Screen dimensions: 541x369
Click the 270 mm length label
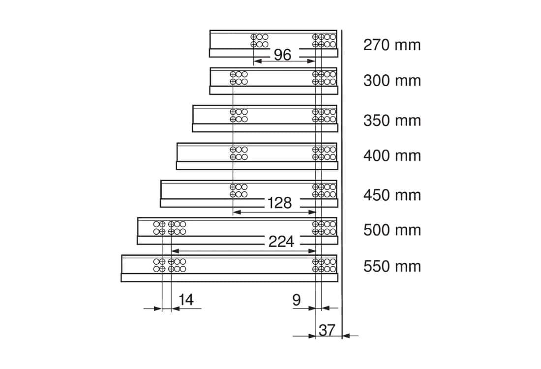392,45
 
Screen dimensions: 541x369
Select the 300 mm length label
392,81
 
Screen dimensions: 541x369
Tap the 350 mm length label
392,121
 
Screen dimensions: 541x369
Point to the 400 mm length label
392,156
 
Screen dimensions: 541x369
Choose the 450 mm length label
392,195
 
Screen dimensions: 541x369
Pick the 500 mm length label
392,230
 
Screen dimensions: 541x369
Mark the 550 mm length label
392,267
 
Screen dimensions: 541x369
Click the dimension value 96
283,55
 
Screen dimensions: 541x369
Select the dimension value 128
280,203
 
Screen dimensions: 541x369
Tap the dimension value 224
281,242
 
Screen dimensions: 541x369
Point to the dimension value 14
186,300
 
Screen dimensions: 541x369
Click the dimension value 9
297,300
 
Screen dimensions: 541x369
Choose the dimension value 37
327,330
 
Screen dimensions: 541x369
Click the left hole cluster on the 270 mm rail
260,40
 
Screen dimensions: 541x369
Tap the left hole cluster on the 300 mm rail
239,78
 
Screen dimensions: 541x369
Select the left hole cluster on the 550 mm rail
170,265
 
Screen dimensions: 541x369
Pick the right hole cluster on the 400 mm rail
324,154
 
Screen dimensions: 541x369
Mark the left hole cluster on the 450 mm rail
239,190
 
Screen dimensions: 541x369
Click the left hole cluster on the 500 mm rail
170,228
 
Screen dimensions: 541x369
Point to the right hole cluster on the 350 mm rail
324,116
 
